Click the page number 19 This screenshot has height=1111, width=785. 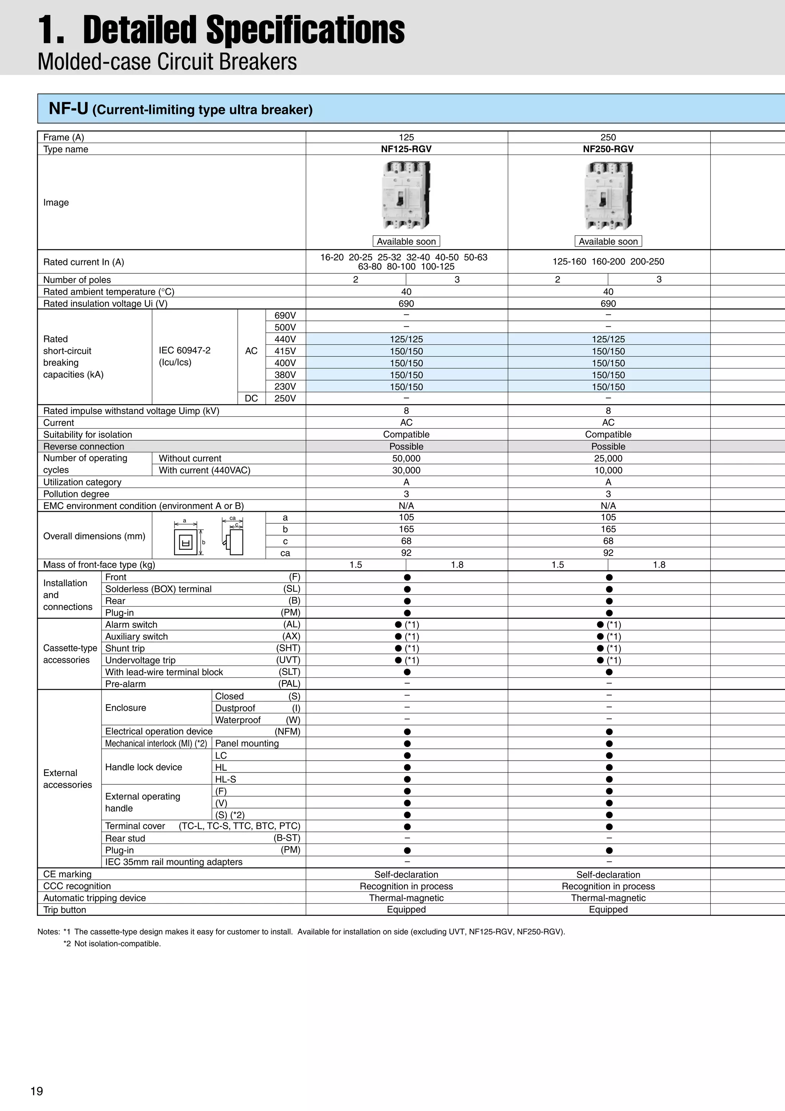point(37,1091)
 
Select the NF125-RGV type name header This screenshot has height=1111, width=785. point(406,149)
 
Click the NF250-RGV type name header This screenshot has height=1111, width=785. point(608,149)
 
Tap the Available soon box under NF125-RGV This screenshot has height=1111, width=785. point(406,242)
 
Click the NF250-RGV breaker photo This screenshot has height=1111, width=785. point(608,196)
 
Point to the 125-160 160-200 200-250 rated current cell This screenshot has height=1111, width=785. point(608,262)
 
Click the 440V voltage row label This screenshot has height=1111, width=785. point(285,339)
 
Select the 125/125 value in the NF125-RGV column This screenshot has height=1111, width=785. point(406,339)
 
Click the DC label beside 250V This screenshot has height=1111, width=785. point(251,398)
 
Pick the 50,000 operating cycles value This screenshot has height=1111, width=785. point(406,458)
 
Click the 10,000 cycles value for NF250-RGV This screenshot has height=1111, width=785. point(608,470)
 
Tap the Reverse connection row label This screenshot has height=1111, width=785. point(84,447)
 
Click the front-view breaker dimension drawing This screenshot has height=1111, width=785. point(186,541)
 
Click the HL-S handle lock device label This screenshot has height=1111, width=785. point(225,779)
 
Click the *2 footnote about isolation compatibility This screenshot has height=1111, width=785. point(112,943)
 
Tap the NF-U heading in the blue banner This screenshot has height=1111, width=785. point(68,109)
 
